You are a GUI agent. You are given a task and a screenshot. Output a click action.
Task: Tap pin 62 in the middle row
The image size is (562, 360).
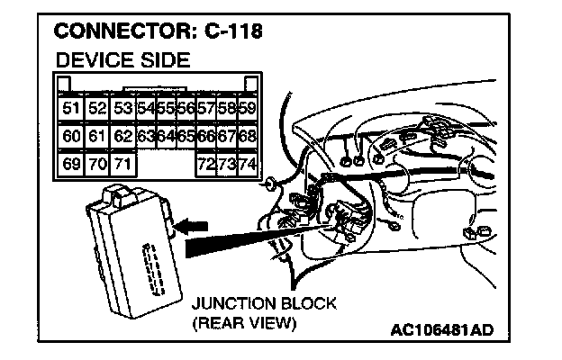point(124,137)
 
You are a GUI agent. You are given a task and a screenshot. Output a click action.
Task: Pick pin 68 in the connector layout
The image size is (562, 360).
point(247,137)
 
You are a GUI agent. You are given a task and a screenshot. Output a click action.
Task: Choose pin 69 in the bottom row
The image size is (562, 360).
point(71,164)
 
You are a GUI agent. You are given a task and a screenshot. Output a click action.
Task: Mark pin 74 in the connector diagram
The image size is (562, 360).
point(247,164)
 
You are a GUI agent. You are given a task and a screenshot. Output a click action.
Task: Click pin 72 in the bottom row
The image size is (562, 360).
point(207,164)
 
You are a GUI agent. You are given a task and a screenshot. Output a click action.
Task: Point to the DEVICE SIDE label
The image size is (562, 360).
point(122,61)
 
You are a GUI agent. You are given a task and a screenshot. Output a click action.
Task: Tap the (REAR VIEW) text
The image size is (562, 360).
point(244,322)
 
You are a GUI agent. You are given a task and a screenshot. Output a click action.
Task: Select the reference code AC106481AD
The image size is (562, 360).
point(442,329)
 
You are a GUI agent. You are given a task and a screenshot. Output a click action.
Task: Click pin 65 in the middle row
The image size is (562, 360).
point(186,137)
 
